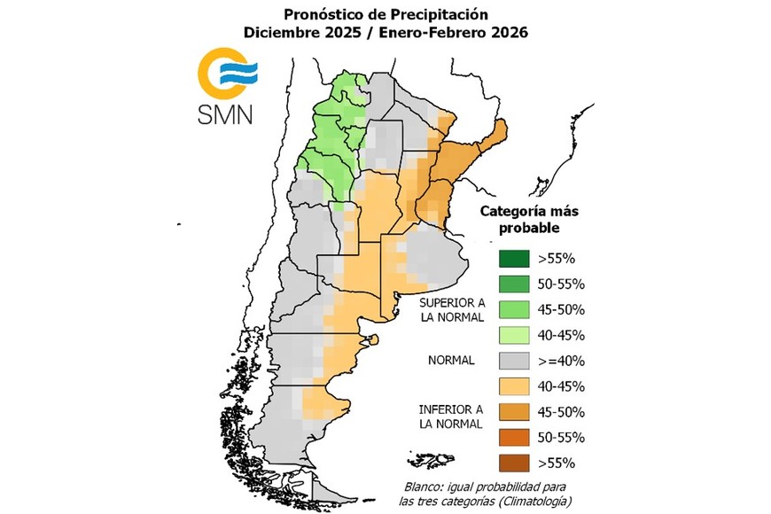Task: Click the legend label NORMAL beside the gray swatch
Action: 451,361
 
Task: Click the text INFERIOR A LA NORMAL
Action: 451,417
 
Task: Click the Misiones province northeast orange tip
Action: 500,131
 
